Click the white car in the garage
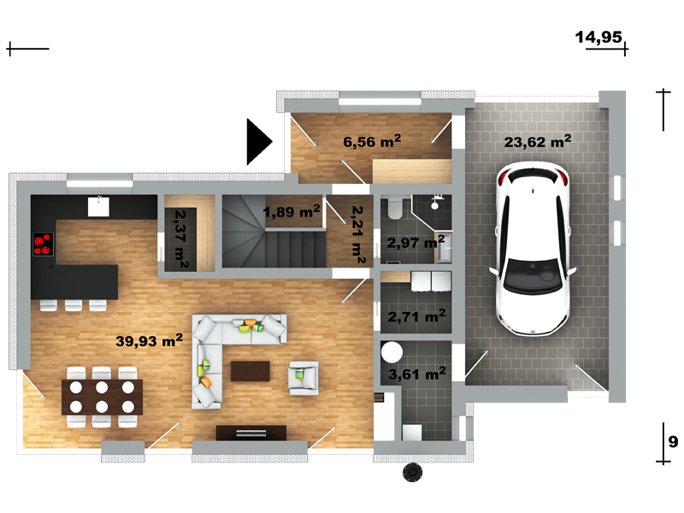tap(533, 249)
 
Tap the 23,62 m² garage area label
tap(538, 141)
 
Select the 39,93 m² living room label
tap(149, 340)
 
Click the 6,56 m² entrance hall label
tap(372, 141)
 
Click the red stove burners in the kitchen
tap(44, 245)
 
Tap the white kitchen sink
tap(98, 206)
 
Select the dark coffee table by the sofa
tap(250, 371)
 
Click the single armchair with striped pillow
tap(304, 378)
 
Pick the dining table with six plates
tap(102, 397)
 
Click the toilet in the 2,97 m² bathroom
tap(396, 209)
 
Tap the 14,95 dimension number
tap(598, 38)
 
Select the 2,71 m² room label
tap(416, 315)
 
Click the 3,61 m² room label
tap(417, 374)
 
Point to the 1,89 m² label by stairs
tap(292, 211)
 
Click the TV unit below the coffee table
tap(251, 433)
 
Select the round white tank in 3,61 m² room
tap(392, 352)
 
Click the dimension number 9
tap(673, 442)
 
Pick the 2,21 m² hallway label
tap(358, 235)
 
